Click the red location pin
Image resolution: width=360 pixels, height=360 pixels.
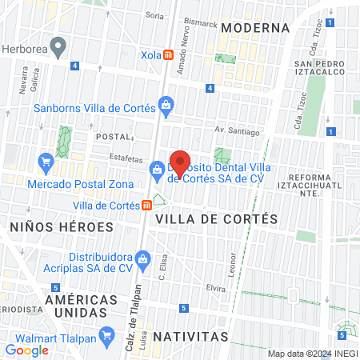tap(180, 162)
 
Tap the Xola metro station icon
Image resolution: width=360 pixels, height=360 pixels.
tap(169, 54)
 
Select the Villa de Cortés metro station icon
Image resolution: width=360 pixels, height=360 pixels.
tap(146, 205)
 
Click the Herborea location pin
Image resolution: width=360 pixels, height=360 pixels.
tap(58, 50)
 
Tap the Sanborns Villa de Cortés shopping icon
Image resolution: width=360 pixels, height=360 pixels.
tap(166, 103)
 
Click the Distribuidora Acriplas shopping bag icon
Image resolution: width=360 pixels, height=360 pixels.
tap(143, 258)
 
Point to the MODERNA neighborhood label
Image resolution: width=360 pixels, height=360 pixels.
tap(255, 27)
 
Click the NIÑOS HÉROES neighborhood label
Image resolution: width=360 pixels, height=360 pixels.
tap(62, 226)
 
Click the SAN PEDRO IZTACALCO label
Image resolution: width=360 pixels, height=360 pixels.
tap(323, 70)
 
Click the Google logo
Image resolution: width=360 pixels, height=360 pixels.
tap(27, 350)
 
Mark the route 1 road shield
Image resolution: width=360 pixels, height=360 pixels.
tap(330, 132)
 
